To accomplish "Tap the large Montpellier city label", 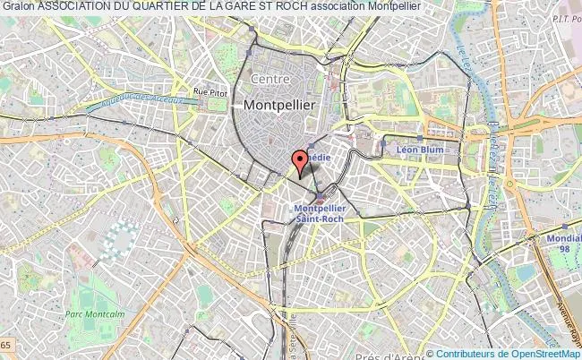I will pos(278,105).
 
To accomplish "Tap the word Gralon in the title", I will pos(18,7).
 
